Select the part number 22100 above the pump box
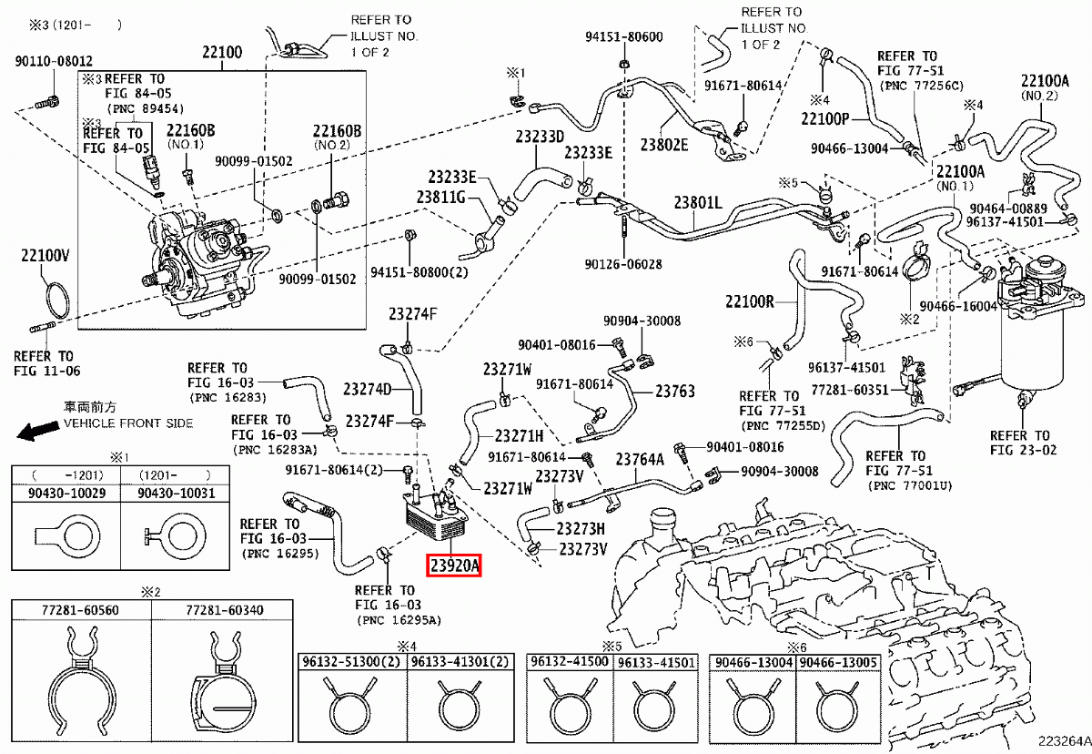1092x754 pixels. pos(221,54)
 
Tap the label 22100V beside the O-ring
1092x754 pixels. pos(45,258)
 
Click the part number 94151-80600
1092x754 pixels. pos(623,37)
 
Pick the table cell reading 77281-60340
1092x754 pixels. pos(226,609)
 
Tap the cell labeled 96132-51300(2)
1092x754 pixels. pos(352,662)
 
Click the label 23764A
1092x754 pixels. pos(641,460)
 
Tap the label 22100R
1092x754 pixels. pos(749,302)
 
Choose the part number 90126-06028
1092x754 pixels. pos(623,265)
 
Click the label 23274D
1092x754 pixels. pos(367,390)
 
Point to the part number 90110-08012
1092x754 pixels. pos(53,62)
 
